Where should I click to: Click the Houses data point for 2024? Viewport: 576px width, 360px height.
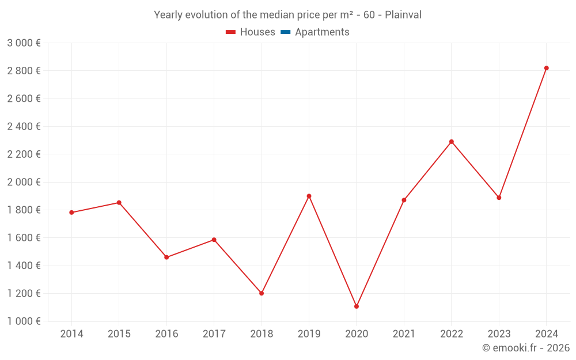click(x=546, y=68)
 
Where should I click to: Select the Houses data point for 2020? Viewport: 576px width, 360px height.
click(x=357, y=306)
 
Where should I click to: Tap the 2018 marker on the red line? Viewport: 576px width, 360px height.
click(x=262, y=293)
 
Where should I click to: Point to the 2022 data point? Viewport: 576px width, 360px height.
click(x=452, y=142)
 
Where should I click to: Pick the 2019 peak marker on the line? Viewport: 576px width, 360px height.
click(x=309, y=196)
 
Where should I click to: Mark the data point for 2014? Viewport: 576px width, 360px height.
click(x=71, y=213)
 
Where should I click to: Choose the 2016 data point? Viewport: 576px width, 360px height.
click(x=166, y=257)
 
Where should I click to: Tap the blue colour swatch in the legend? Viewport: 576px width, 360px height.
click(x=285, y=32)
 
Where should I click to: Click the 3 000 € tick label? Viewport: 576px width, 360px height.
click(x=24, y=43)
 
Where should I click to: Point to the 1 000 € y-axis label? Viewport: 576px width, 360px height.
click(x=24, y=321)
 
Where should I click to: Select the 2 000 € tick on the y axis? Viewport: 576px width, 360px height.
click(x=24, y=182)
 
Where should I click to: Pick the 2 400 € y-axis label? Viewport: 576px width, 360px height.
click(x=24, y=127)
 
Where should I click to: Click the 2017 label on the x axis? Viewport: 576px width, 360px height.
click(x=214, y=334)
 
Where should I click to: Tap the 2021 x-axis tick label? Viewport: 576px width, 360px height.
click(x=404, y=334)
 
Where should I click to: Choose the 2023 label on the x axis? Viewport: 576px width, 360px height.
click(x=499, y=334)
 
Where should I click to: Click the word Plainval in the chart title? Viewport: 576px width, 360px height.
click(x=403, y=15)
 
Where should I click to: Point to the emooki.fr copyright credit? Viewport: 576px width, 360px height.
click(x=526, y=348)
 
